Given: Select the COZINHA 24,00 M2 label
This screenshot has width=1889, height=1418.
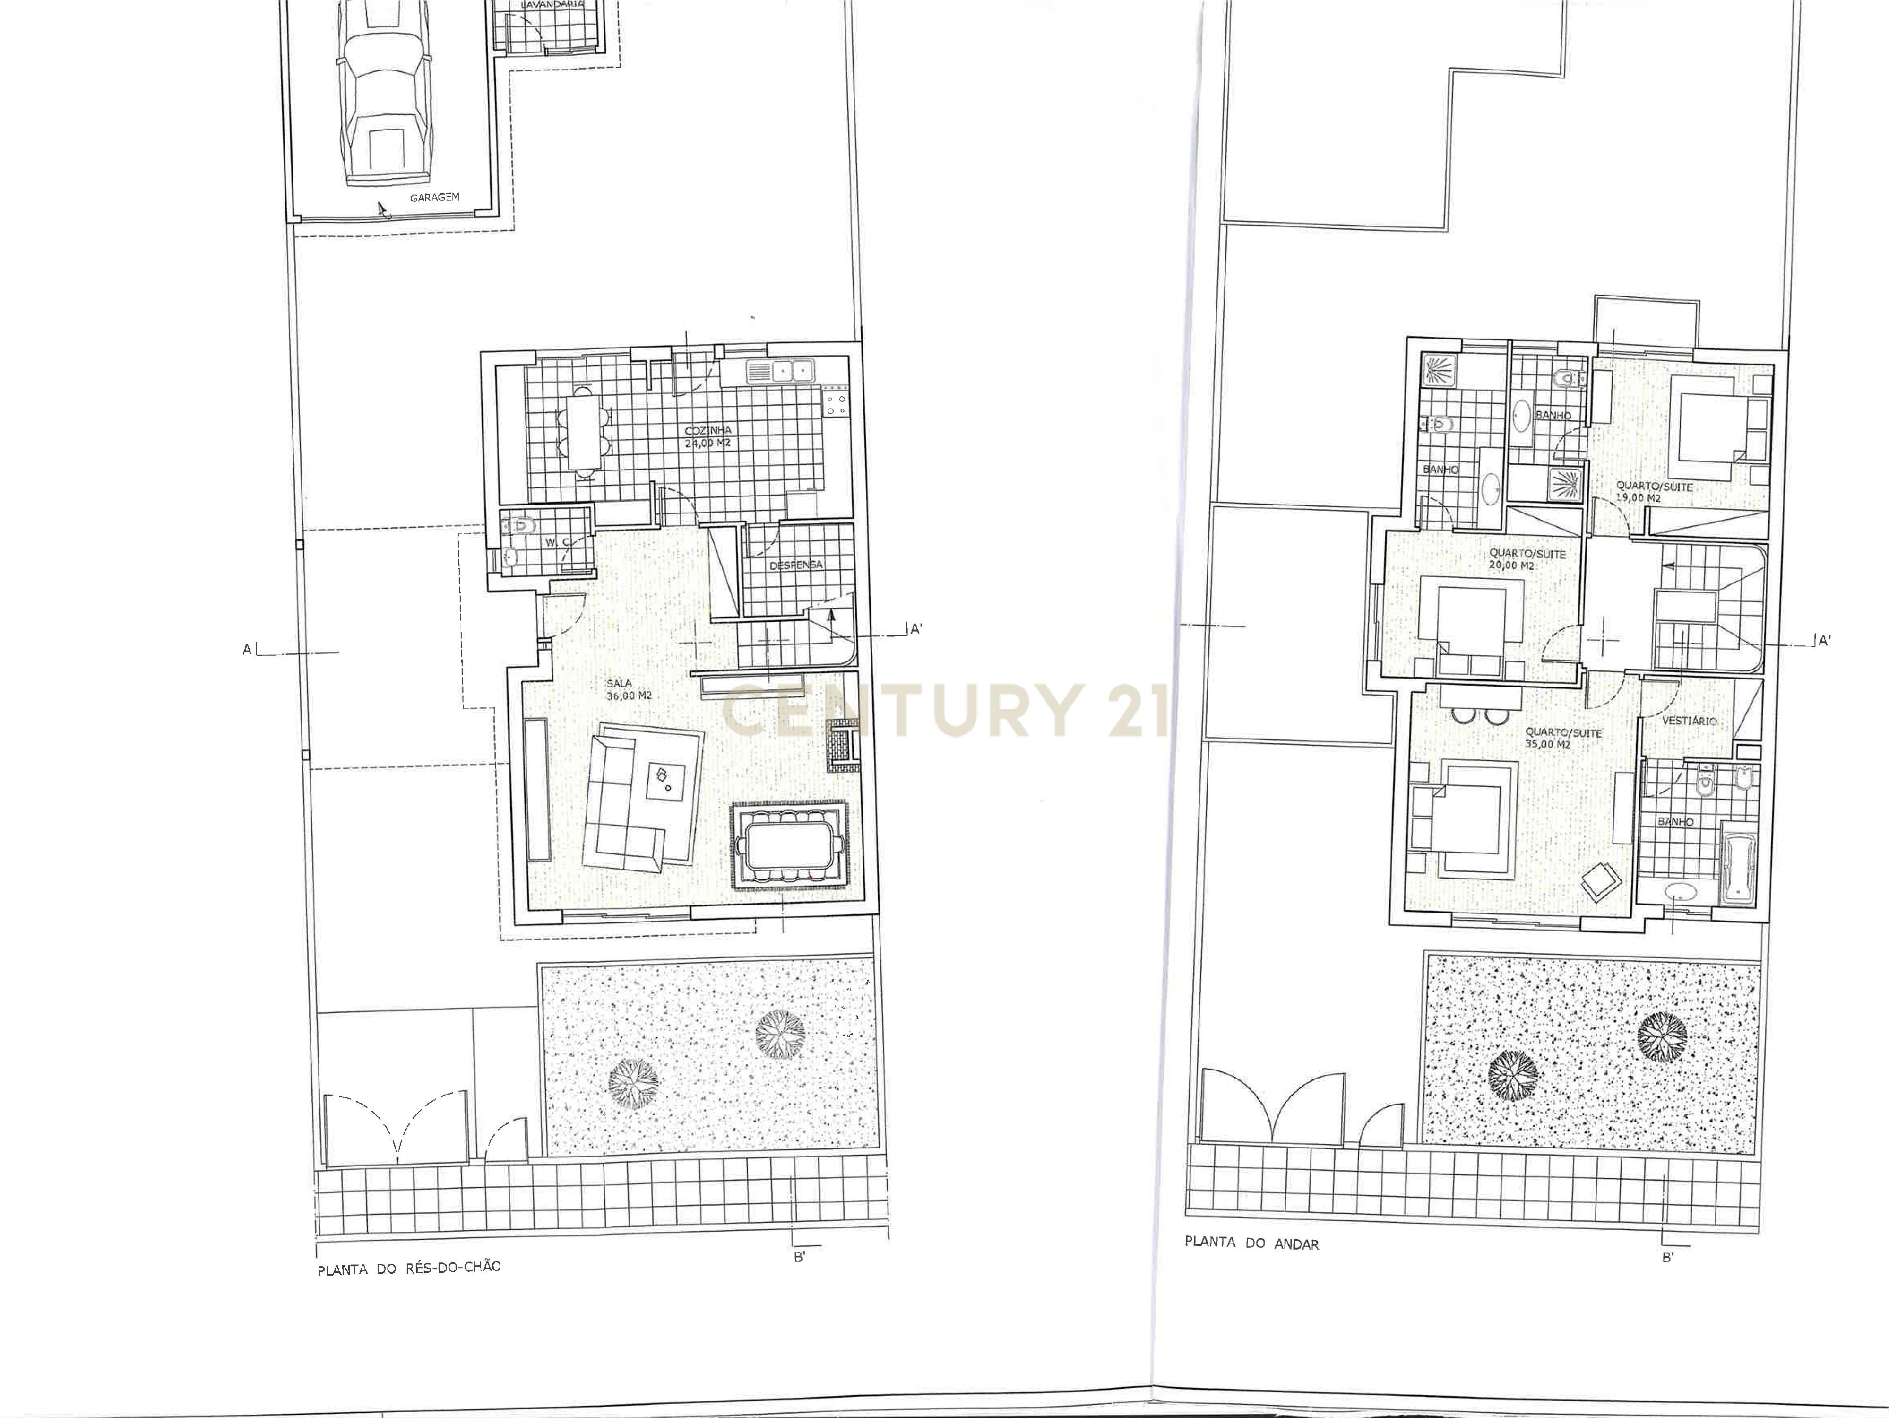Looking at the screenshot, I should (x=708, y=436).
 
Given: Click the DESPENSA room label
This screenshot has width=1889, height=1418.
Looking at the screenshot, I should (x=796, y=565).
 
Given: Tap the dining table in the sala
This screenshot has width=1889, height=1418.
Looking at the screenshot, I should (x=790, y=846).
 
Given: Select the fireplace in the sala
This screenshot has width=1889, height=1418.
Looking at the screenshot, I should (x=841, y=745).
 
